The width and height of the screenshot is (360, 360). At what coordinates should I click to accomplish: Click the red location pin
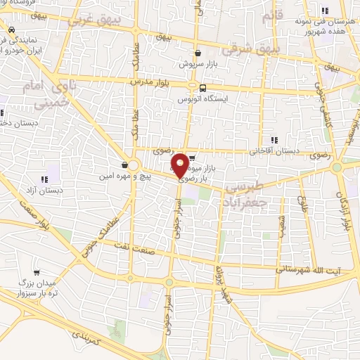[180, 165]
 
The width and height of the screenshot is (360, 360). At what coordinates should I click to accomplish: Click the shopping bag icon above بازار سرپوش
[198, 53]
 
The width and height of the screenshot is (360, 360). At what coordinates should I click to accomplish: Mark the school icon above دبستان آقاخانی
[274, 140]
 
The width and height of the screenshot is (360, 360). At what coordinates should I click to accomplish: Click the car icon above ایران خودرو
[11, 30]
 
